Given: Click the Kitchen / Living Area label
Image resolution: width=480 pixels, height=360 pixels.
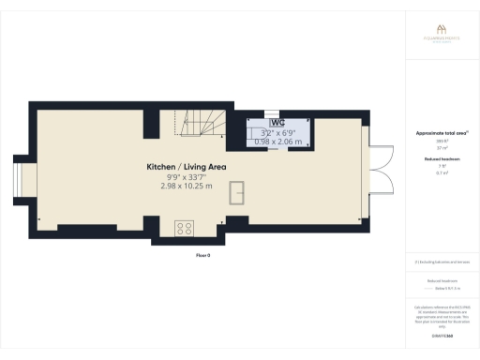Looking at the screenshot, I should point(187,166).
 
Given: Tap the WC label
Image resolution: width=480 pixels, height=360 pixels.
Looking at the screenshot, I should point(277,123).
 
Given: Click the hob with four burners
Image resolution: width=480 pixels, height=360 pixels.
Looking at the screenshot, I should point(184,227).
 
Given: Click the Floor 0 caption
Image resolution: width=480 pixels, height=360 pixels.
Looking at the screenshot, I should point(204,254).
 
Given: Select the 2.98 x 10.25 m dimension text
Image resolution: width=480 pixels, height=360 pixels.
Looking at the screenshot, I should point(187,187).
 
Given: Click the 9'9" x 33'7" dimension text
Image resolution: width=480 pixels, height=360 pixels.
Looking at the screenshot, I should point(187,176).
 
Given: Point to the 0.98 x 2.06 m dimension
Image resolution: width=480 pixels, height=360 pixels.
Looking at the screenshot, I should point(279,142).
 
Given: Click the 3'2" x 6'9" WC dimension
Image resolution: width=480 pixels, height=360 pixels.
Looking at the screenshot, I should point(279,132).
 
